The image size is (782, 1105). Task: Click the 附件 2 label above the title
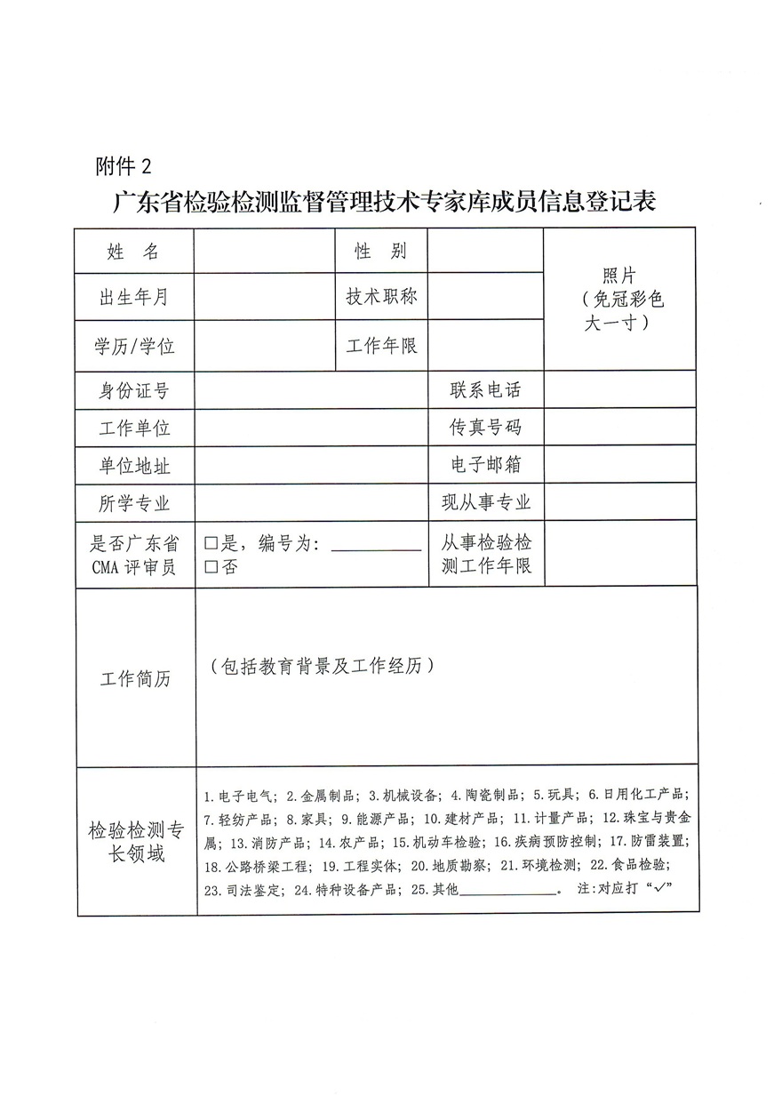click(123, 166)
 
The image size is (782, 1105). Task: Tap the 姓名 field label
click(133, 252)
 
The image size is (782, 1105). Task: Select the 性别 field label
click(381, 252)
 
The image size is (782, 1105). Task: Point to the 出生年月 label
click(133, 298)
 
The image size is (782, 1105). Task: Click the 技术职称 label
click(381, 297)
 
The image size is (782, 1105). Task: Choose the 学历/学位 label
click(134, 346)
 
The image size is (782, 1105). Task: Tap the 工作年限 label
click(381, 345)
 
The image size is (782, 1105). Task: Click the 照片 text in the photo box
click(618, 276)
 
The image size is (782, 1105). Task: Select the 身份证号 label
click(133, 390)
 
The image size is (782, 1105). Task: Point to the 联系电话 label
click(485, 390)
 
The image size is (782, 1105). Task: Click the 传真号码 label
click(485, 428)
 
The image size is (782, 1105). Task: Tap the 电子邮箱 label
click(485, 465)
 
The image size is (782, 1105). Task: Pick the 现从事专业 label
click(485, 503)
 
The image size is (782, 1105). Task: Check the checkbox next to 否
click(211, 565)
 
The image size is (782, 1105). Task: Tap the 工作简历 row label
click(134, 679)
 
